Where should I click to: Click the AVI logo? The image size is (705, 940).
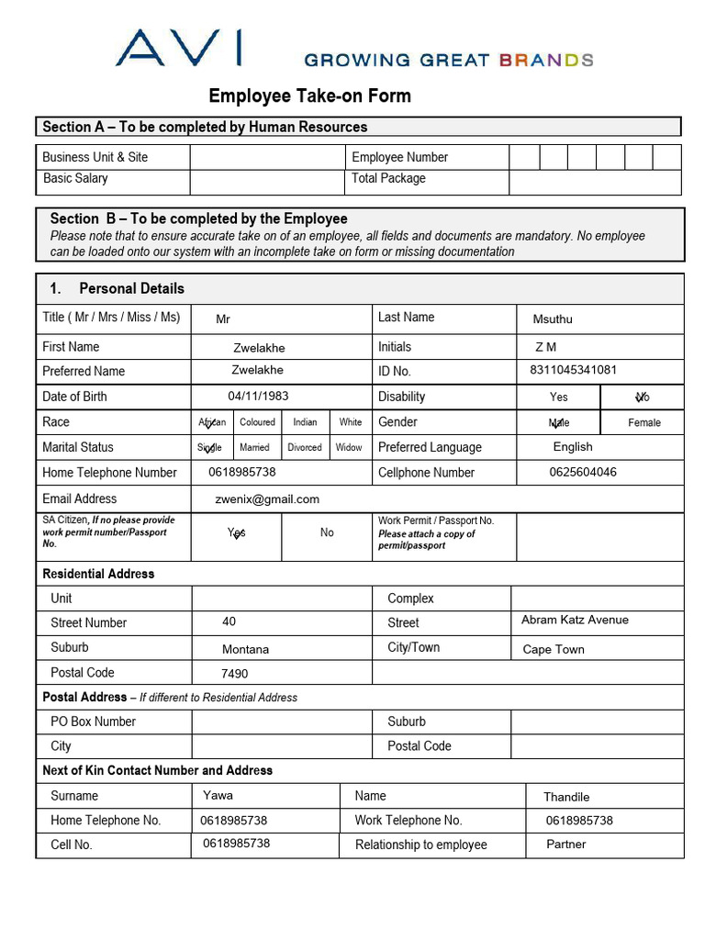179,48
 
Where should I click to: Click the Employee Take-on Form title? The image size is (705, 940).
309,96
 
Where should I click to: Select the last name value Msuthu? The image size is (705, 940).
553,319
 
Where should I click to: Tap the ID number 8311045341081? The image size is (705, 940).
573,370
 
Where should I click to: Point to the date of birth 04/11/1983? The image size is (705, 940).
258,397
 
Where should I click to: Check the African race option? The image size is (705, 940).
212,422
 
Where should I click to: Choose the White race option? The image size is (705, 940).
351,422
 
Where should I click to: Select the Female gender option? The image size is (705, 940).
643,422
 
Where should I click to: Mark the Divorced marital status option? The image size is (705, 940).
305,447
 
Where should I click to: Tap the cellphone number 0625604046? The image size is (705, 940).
583,473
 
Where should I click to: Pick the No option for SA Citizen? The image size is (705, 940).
327,532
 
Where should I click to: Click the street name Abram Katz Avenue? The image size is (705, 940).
575,621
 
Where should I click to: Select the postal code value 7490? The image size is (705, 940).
234,674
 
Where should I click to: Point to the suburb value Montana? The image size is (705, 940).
245,649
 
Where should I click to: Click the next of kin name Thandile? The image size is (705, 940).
566,797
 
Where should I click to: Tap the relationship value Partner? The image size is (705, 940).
565,845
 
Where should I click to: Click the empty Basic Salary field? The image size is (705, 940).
267,181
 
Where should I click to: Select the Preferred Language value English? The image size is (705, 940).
573,447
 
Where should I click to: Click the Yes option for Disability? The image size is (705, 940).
559,397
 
